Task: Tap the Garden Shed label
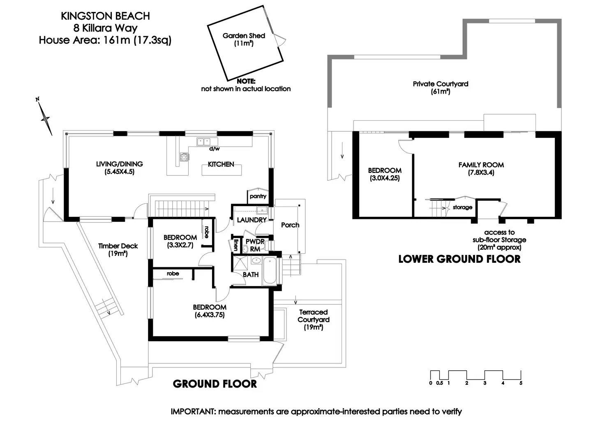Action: tap(244, 36)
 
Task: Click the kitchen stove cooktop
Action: tap(184, 157)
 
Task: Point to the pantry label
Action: tap(258, 196)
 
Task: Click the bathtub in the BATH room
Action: tap(270, 271)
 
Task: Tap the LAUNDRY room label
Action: tap(252, 220)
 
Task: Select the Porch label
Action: tap(290, 225)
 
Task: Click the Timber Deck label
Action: tap(118, 246)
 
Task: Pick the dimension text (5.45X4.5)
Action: tap(119, 172)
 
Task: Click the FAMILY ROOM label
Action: tap(481, 165)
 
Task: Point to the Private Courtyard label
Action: tap(441, 84)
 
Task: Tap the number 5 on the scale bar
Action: tap(521, 383)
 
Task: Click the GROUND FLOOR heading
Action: tap(215, 384)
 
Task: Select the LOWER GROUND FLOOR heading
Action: tap(460, 259)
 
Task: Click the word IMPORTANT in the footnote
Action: tap(192, 412)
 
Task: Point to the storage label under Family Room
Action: tap(462, 207)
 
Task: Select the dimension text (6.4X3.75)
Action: tap(210, 315)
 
